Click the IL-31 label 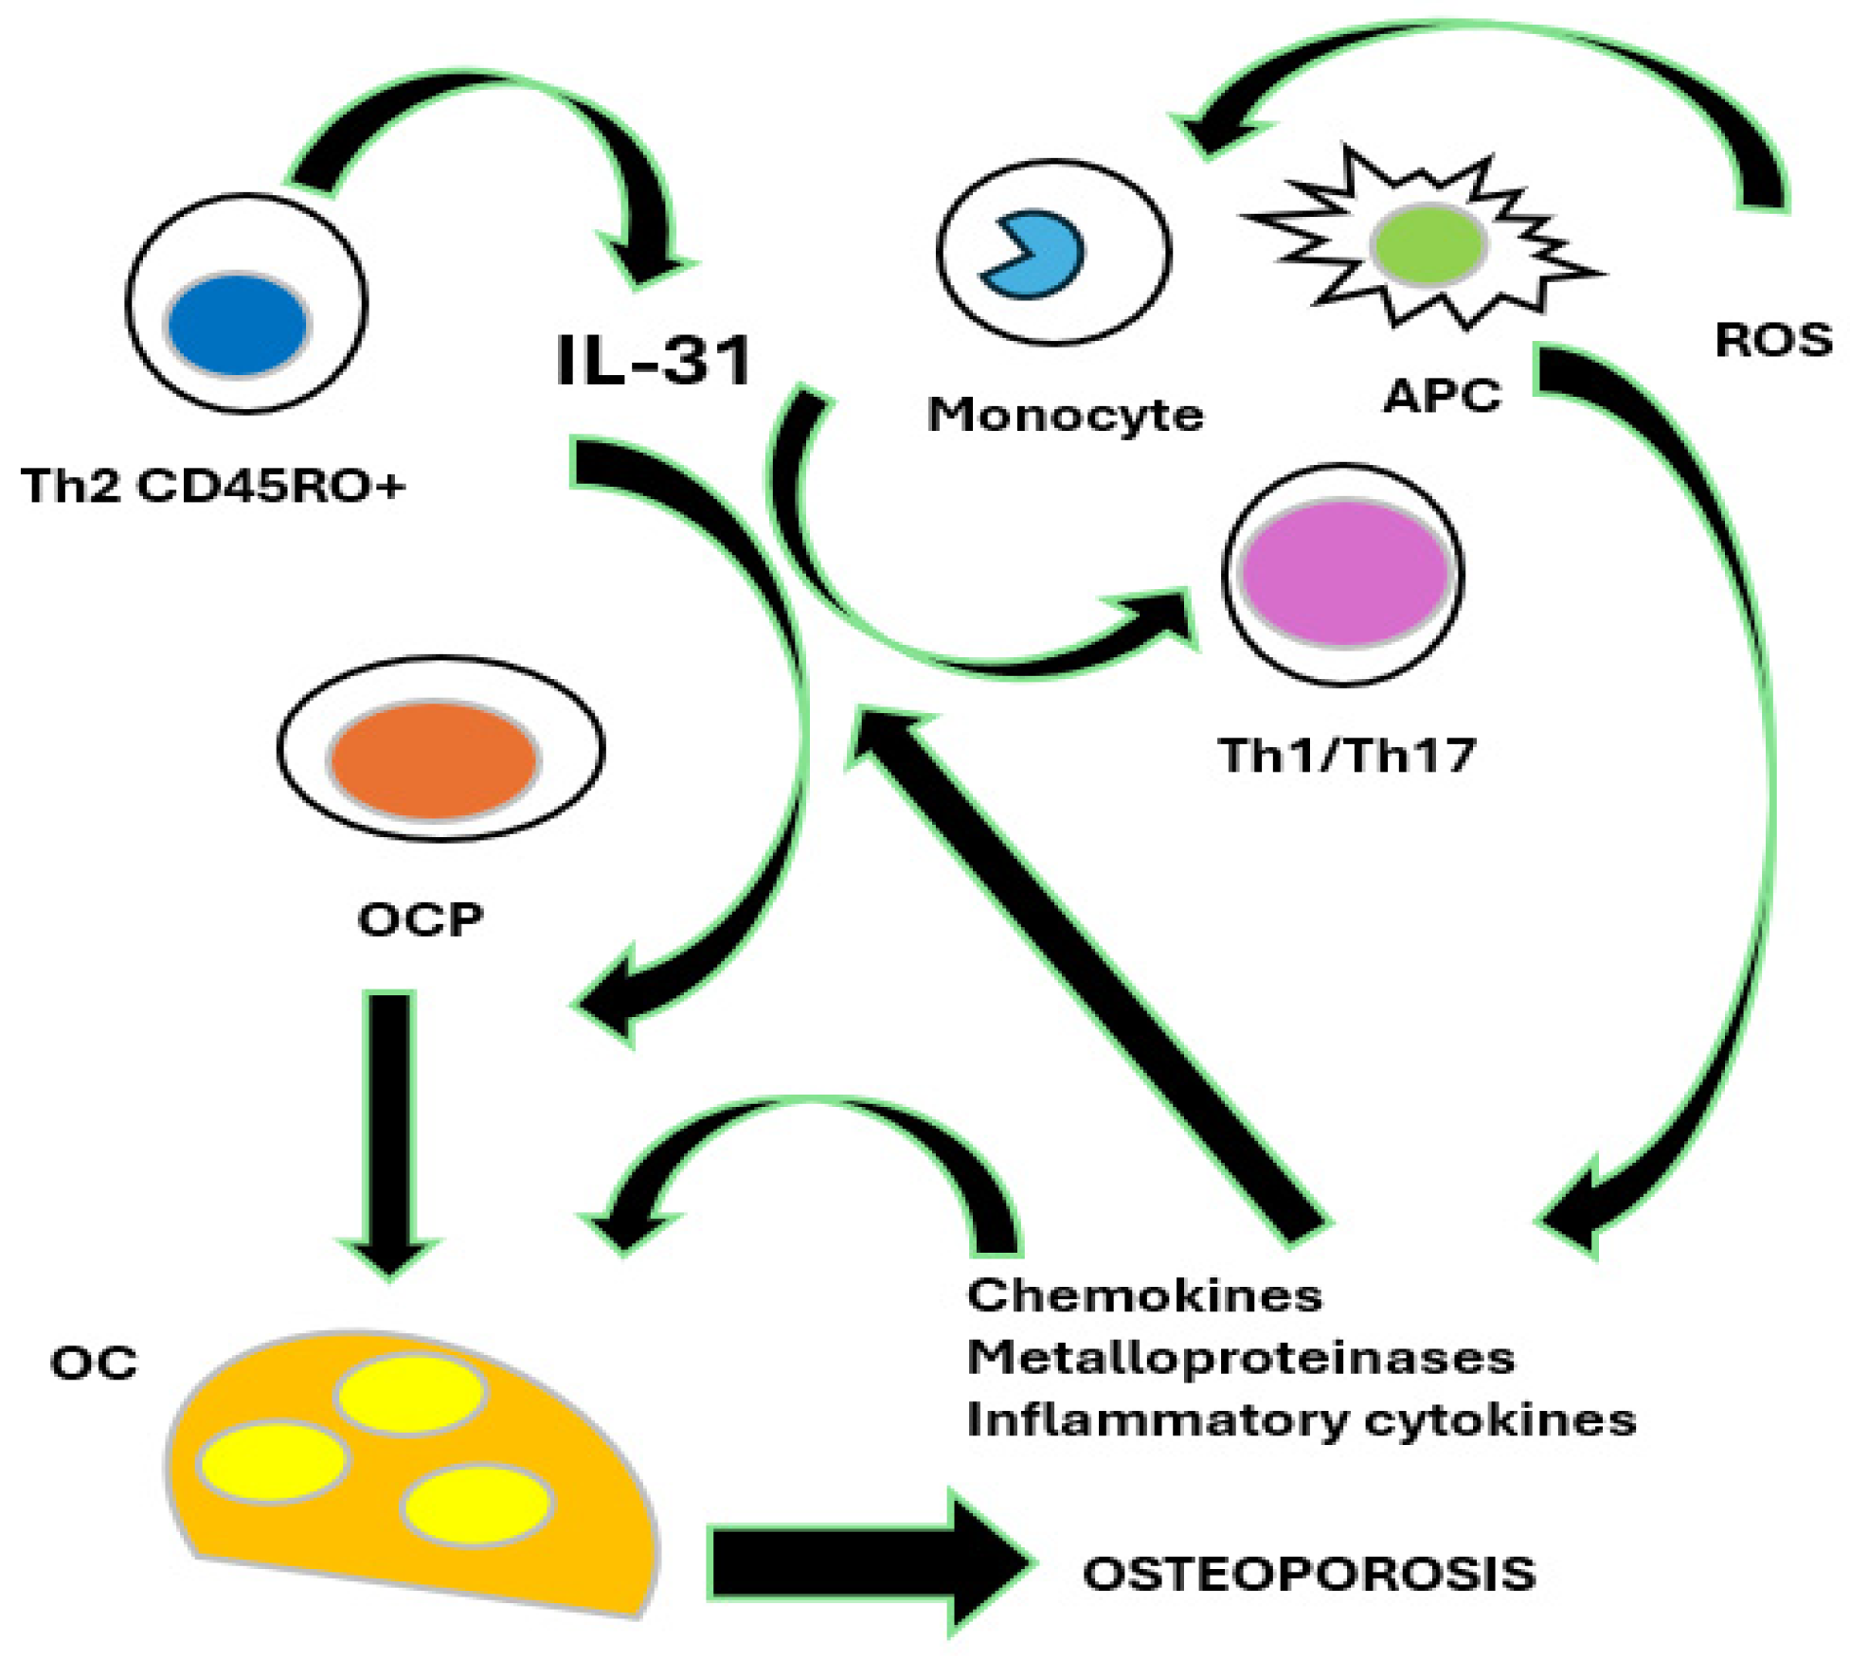click(x=654, y=360)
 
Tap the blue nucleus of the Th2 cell click(x=238, y=324)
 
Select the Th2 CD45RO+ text click(x=213, y=487)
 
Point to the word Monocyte click(x=1065, y=415)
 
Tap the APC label click(x=1442, y=395)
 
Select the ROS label click(x=1773, y=340)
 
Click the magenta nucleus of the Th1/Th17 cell click(x=1345, y=572)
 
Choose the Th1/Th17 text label click(x=1346, y=756)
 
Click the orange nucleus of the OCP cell click(x=435, y=760)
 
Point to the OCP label click(x=420, y=918)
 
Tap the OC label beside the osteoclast click(x=93, y=1364)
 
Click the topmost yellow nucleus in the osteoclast click(x=411, y=1394)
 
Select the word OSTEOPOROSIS click(x=1308, y=1574)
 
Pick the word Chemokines click(x=1143, y=1295)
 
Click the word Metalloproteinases click(x=1240, y=1358)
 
